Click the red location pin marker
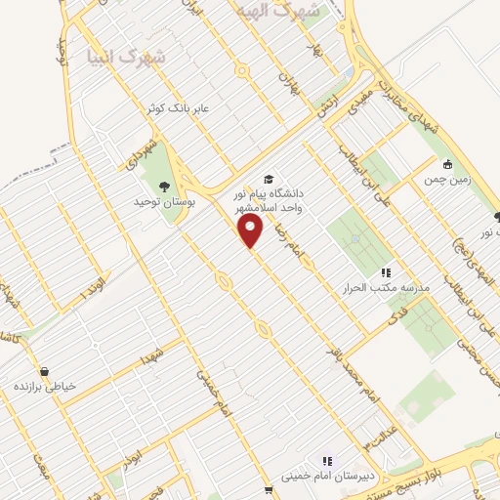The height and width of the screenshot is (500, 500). [x=252, y=229]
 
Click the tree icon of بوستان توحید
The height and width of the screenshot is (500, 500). [x=163, y=186]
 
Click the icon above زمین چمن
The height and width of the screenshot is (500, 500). [x=446, y=164]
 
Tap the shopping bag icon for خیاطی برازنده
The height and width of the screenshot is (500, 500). [x=45, y=370]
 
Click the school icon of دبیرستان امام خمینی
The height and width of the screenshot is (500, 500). [x=327, y=460]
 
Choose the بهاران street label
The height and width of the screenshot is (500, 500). [x=286, y=77]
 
